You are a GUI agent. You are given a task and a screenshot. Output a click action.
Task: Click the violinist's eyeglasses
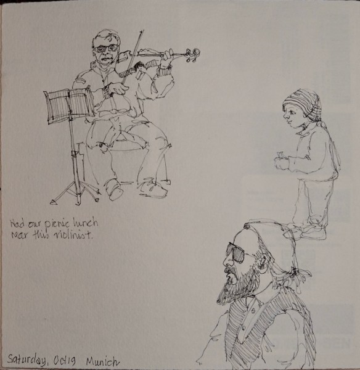106,48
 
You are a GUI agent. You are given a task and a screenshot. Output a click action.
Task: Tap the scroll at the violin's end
193,54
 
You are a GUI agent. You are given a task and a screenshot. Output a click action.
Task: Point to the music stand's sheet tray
69,105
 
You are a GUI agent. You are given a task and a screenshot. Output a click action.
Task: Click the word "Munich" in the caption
102,361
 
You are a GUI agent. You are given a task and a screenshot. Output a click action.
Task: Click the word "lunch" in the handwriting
85,222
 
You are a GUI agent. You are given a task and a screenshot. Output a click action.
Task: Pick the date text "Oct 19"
64,360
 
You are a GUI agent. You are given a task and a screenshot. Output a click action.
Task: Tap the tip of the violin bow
143,30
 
